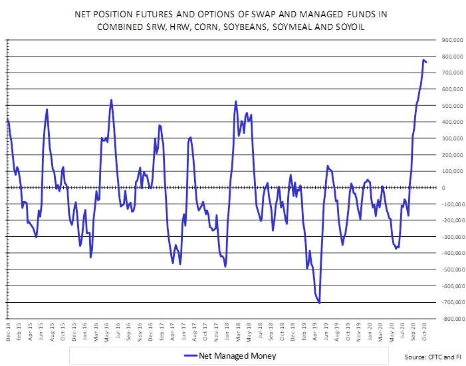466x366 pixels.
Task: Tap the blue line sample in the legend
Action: pyautogui.click(x=194, y=356)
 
